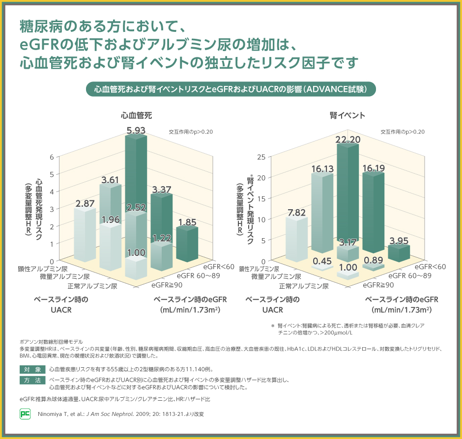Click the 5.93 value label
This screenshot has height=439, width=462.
pos(136,130)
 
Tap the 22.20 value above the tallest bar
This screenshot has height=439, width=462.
pos(348,140)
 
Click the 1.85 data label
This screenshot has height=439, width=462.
pos(187,222)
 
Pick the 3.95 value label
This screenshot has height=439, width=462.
pos(399,241)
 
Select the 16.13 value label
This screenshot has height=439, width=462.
pos(322,169)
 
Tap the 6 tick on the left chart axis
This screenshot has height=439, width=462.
pos(52,157)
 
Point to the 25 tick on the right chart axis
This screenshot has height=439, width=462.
pos(261,157)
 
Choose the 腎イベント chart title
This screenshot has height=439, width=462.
pos(347,115)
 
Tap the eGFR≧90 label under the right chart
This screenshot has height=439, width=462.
pos(378,285)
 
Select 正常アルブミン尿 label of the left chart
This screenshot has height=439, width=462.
pos(93,286)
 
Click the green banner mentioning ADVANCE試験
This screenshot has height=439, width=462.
pos(231,89)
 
